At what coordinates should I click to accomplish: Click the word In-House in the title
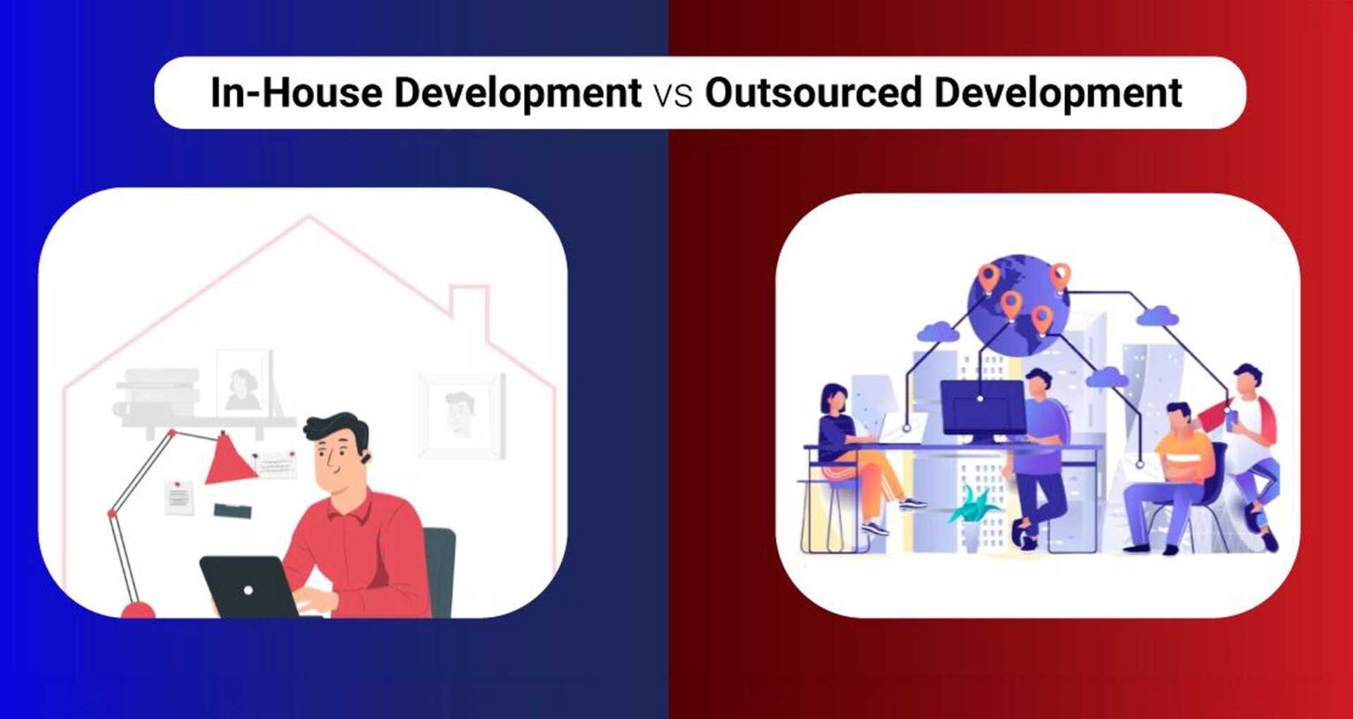[296, 93]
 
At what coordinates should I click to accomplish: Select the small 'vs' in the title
[673, 95]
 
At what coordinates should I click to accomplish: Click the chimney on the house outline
[469, 308]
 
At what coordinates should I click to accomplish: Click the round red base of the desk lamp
[137, 610]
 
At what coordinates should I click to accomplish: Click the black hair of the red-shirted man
[336, 426]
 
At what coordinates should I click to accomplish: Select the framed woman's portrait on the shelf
[244, 383]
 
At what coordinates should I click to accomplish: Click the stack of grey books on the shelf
[159, 392]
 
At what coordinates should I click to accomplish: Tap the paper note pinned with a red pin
[179, 498]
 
